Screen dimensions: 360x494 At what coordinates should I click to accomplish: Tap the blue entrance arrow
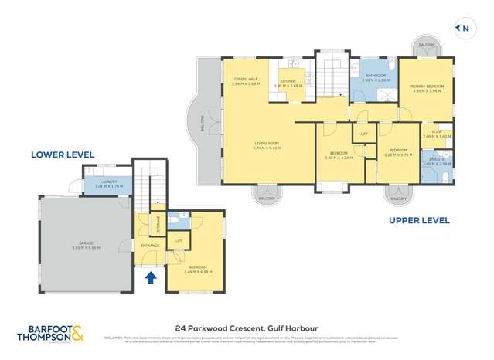151,275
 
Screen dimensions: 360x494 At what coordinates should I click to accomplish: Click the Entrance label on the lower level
149,246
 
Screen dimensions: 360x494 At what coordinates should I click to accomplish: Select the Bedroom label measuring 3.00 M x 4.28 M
336,155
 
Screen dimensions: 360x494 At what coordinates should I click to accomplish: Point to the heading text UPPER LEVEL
418,220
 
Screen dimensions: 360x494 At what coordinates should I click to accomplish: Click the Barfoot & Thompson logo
51,331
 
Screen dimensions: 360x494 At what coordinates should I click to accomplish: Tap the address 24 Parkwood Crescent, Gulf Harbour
247,327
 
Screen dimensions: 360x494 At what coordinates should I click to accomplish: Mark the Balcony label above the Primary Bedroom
426,45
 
